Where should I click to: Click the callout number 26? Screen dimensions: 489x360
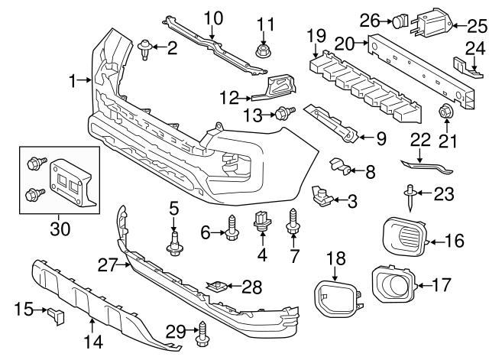coord(370,21)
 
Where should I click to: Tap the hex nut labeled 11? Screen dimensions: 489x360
coord(263,51)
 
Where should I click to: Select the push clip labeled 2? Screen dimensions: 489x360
coord(144,49)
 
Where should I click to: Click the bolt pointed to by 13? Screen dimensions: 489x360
coord(285,112)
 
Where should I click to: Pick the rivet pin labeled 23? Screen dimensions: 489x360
coord(410,199)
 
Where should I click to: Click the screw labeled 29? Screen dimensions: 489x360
coord(202,334)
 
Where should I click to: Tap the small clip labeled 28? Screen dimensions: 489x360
coord(217,287)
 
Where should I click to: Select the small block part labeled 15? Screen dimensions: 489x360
coord(56,316)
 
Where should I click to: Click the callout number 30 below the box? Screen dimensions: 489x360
coord(60,229)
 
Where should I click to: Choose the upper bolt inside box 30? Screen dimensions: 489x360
coord(37,163)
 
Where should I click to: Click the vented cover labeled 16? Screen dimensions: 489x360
coord(404,237)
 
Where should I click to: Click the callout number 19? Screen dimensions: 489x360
coord(316,37)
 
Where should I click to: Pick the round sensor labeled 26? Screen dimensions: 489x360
coord(400,21)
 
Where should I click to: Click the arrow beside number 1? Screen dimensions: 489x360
coord(83,80)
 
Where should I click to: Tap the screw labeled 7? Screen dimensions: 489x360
coord(293,222)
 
